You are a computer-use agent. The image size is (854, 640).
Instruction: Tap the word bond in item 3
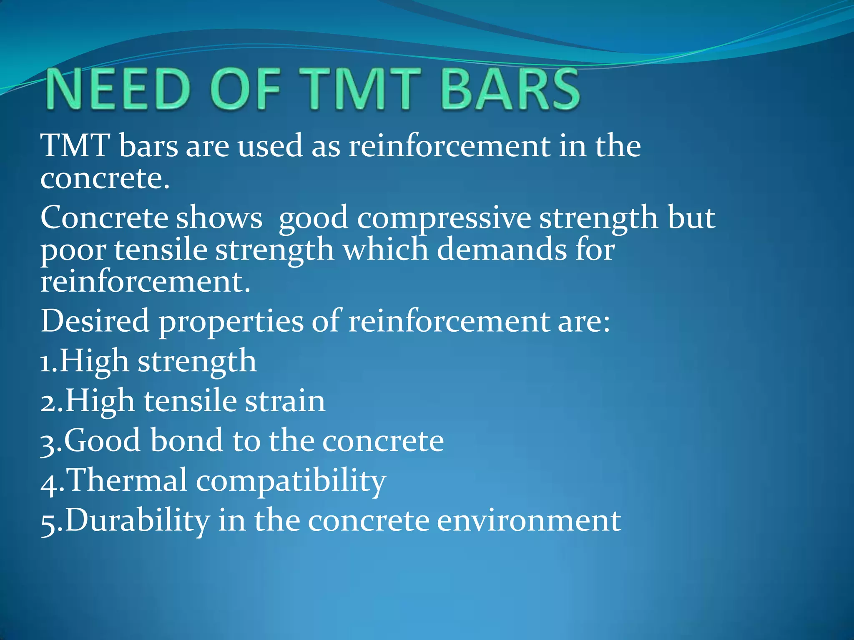(187, 440)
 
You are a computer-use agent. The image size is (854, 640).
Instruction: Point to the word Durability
(138, 521)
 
